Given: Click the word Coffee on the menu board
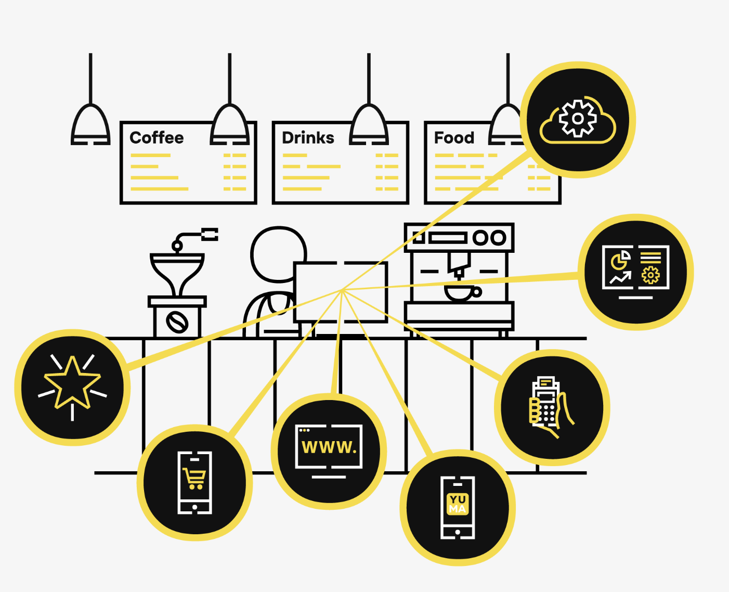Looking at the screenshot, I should pyautogui.click(x=157, y=138).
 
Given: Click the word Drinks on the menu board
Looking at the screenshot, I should pyautogui.click(x=308, y=138).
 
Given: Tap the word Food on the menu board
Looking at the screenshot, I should pyautogui.click(x=454, y=138).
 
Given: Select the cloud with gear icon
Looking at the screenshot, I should pyautogui.click(x=578, y=120).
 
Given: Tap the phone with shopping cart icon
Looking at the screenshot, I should pyautogui.click(x=195, y=483).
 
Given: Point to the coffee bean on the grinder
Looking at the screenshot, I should pyautogui.click(x=177, y=322).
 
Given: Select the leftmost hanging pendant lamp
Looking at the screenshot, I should pyautogui.click(x=90, y=125).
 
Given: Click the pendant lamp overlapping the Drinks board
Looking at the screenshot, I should pyautogui.click(x=369, y=125).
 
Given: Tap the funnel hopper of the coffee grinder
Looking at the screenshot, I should pyautogui.click(x=177, y=271).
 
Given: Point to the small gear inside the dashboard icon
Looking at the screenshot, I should pyautogui.click(x=650, y=275).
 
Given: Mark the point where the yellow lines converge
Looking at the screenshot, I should pyautogui.click(x=342, y=289).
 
